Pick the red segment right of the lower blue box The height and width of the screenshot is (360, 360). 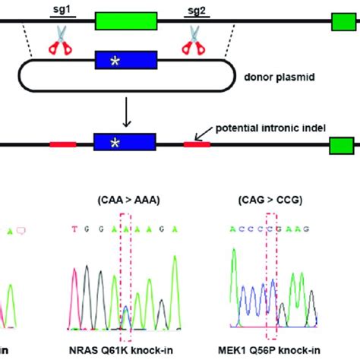click(x=197, y=144)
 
